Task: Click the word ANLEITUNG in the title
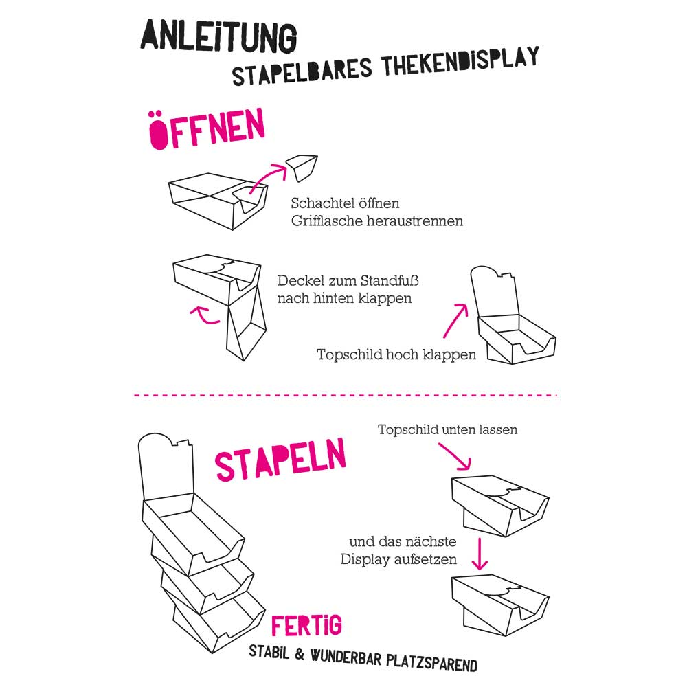point(218,36)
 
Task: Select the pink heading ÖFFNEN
point(207,129)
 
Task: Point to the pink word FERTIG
point(306,625)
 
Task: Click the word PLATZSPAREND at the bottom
point(431,662)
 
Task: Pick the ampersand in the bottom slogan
point(300,654)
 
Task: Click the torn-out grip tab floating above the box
point(302,168)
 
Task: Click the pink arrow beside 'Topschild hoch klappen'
point(455,321)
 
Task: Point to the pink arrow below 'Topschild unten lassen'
point(455,456)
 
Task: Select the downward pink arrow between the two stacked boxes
point(480,554)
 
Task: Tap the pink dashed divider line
point(344,395)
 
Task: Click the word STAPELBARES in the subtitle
point(302,71)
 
